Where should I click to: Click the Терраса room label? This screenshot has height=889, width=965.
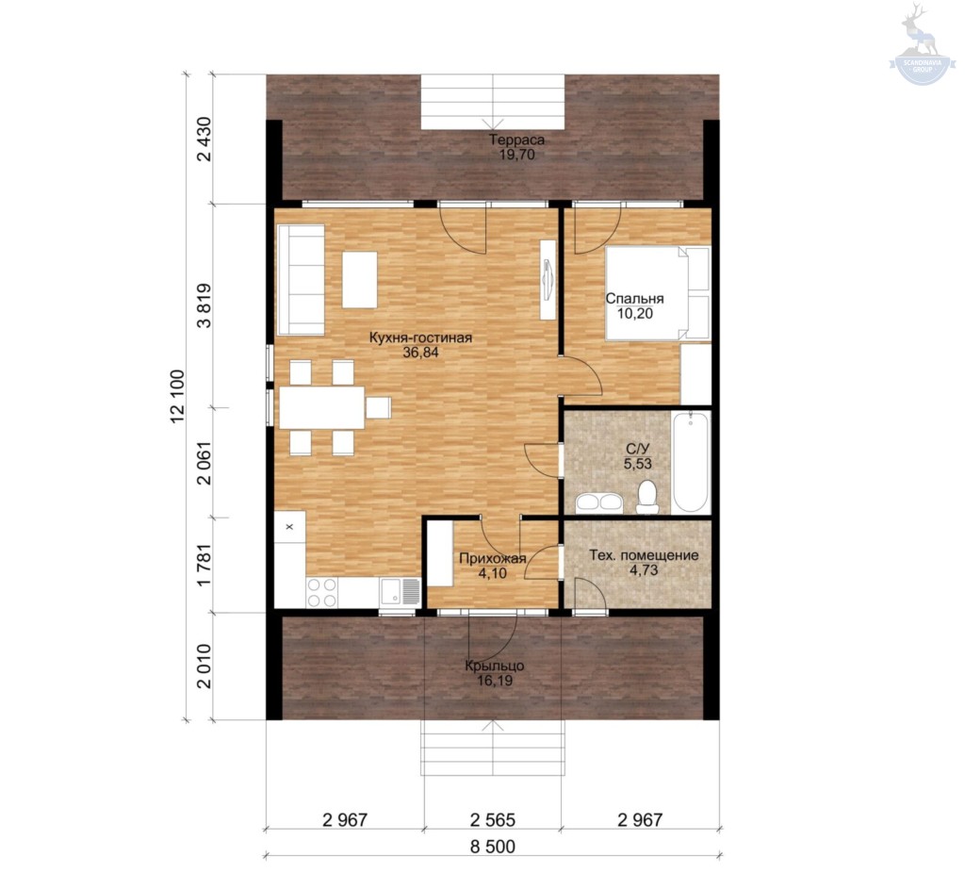pyautogui.click(x=517, y=140)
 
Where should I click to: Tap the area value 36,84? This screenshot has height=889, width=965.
pyautogui.click(x=420, y=353)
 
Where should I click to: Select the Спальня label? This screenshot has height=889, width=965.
pyautogui.click(x=634, y=299)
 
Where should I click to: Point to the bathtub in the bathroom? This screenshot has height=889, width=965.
pyautogui.click(x=691, y=462)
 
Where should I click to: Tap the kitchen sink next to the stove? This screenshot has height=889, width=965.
pyautogui.click(x=400, y=592)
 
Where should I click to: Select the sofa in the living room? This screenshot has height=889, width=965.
pyautogui.click(x=301, y=280)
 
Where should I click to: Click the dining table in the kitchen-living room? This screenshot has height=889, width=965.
pyautogui.click(x=322, y=407)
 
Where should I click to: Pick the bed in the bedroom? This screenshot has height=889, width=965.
pyautogui.click(x=657, y=294)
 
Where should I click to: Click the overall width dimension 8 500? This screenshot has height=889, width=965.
pyautogui.click(x=492, y=847)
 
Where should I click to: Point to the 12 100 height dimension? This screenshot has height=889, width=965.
pyautogui.click(x=176, y=397)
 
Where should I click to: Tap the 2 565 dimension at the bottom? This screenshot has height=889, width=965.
pyautogui.click(x=492, y=820)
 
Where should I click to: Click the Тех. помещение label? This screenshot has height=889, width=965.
pyautogui.click(x=644, y=555)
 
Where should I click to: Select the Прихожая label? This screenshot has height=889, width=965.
pyautogui.click(x=492, y=558)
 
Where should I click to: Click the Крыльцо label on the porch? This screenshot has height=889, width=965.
pyautogui.click(x=494, y=667)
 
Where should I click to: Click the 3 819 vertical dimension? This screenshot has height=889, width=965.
pyautogui.click(x=204, y=305)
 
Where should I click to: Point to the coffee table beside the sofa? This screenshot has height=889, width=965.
pyautogui.click(x=360, y=279)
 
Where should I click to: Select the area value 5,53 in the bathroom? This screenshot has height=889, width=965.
pyautogui.click(x=638, y=464)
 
